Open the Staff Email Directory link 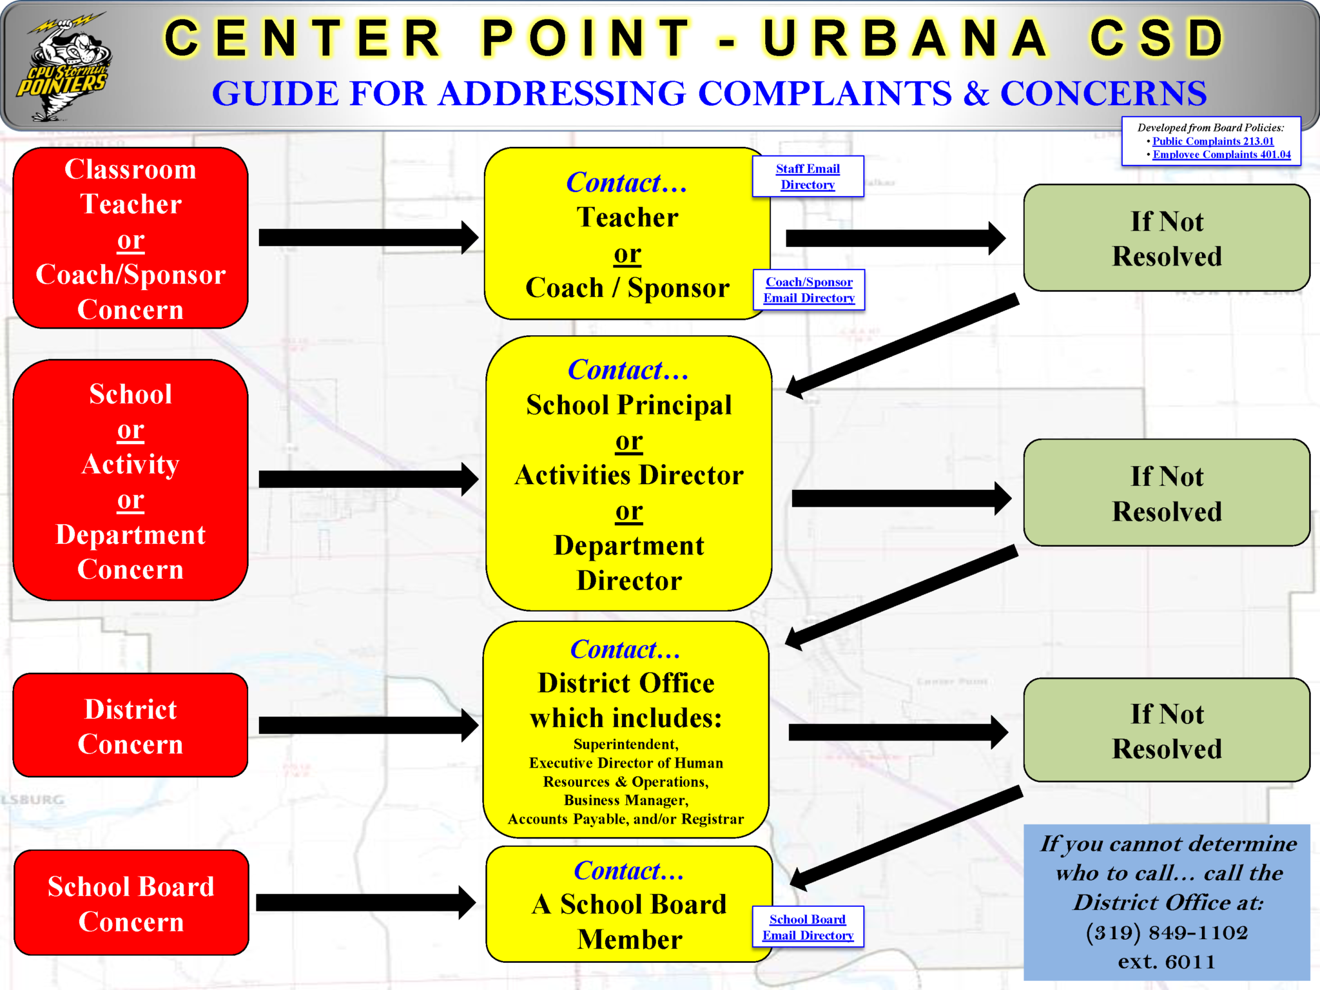(x=808, y=177)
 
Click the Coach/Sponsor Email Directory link (x=809, y=290)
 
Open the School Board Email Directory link (x=808, y=927)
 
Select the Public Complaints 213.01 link (x=1213, y=141)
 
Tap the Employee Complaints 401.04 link (x=1221, y=155)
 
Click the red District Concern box (x=131, y=726)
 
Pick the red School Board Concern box (x=131, y=903)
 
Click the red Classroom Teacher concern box (x=131, y=238)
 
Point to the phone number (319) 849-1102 (x=1167, y=933)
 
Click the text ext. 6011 (x=1167, y=962)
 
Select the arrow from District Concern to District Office (x=367, y=725)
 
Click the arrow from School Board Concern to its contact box (x=365, y=902)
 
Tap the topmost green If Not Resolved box (x=1167, y=238)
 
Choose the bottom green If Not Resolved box (x=1167, y=731)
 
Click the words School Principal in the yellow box (x=628, y=405)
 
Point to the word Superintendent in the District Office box (x=626, y=744)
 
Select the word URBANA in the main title (x=906, y=39)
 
